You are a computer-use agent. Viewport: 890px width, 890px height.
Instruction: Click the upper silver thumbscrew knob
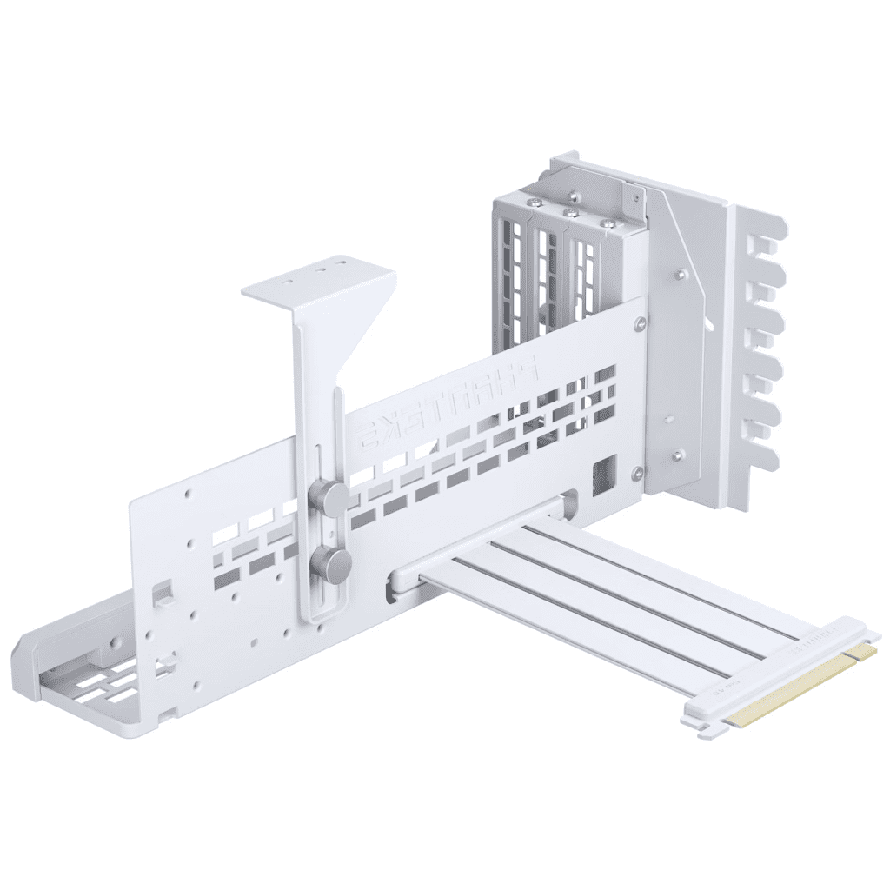coord(330,497)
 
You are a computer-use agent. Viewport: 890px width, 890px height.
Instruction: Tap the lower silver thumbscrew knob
coord(332,565)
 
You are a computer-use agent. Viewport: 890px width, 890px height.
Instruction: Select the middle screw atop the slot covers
coord(570,212)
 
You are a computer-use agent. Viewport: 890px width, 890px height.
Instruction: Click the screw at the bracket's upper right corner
coord(640,323)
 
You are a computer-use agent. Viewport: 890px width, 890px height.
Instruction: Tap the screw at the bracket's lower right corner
coord(639,474)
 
